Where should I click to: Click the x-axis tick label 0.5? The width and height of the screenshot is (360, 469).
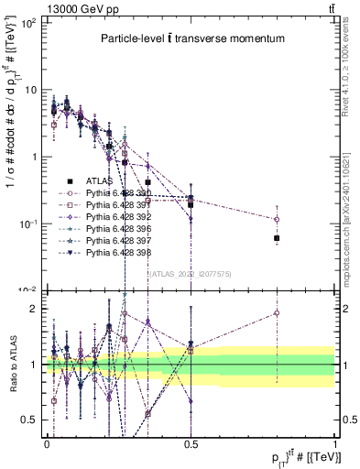[191, 441]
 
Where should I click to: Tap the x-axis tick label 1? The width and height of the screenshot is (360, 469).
[335, 441]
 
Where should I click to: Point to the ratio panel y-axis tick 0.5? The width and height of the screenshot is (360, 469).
[31, 420]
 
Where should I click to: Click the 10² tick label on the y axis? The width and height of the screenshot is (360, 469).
[29, 23]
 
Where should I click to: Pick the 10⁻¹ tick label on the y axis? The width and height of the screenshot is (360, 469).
[29, 224]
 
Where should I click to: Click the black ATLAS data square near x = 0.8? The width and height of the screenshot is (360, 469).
[277, 238]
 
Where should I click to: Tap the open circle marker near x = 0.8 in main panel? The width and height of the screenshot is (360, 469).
[277, 219]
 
